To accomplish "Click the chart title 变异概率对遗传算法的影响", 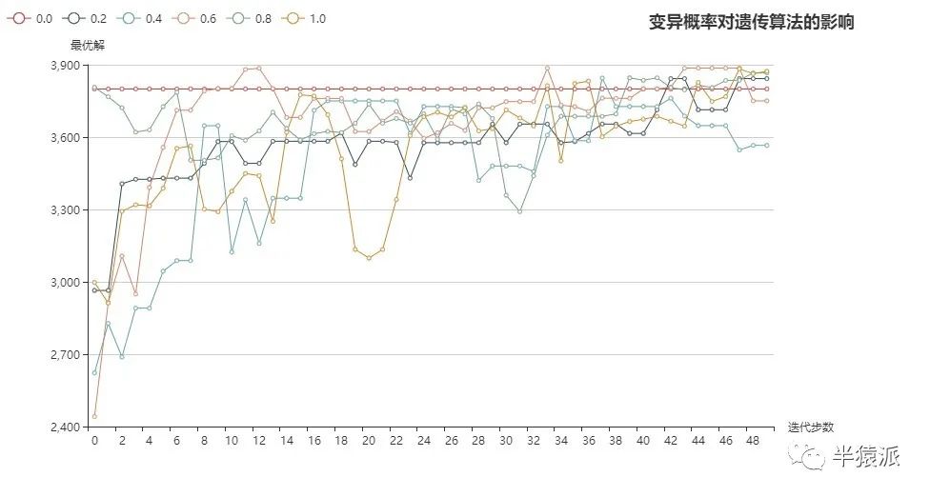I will point(751,22).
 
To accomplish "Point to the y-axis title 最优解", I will point(86,45).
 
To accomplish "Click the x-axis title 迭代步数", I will point(811,427).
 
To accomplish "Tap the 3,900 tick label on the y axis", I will point(68,66).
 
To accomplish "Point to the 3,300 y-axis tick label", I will point(68,210).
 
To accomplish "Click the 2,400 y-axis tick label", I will point(68,427).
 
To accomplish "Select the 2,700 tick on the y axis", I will point(68,355).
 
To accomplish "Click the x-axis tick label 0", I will point(94,441).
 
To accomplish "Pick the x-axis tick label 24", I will point(423,441).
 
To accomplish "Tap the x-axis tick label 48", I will point(752,441).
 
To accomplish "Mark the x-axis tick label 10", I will point(232,441).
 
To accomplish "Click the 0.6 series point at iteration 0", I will point(94,416).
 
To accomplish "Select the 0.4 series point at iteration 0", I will point(94,373).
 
